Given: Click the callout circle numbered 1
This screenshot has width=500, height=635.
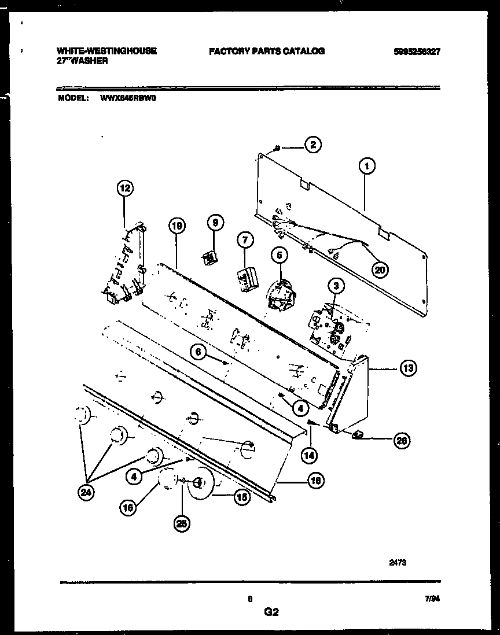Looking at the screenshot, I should pyautogui.click(x=366, y=167).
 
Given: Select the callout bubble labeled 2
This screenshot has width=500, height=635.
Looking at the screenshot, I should pyautogui.click(x=312, y=146).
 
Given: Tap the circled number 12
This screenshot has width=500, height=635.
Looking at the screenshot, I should pyautogui.click(x=125, y=187).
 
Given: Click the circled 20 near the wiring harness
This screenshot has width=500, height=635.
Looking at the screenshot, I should pyautogui.click(x=380, y=268).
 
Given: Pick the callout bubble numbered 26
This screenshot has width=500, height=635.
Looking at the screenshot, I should pyautogui.click(x=400, y=441).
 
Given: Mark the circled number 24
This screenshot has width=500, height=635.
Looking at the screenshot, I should pyautogui.click(x=87, y=493).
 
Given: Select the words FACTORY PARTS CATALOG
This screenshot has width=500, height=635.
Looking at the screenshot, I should pyautogui.click(x=266, y=51).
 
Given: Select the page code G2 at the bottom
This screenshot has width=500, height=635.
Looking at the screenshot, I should pyautogui.click(x=272, y=612).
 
